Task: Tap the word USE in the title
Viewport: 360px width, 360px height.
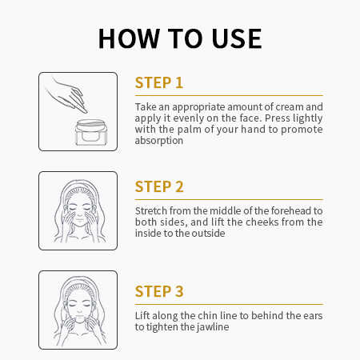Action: [x=237, y=38]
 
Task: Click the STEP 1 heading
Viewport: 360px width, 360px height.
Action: [x=159, y=82]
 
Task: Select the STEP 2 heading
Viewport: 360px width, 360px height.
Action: [x=159, y=186]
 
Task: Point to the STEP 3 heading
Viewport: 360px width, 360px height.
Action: [x=159, y=291]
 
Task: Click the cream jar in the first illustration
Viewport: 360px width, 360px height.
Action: [x=91, y=132]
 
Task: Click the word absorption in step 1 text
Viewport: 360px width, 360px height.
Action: [x=159, y=141]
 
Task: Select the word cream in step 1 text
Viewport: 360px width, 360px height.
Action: [x=290, y=107]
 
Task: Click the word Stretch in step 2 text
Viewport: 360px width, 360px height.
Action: [x=151, y=211]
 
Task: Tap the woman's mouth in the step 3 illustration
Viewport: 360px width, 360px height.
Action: [x=79, y=318]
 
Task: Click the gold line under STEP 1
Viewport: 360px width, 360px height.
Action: [x=229, y=95]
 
